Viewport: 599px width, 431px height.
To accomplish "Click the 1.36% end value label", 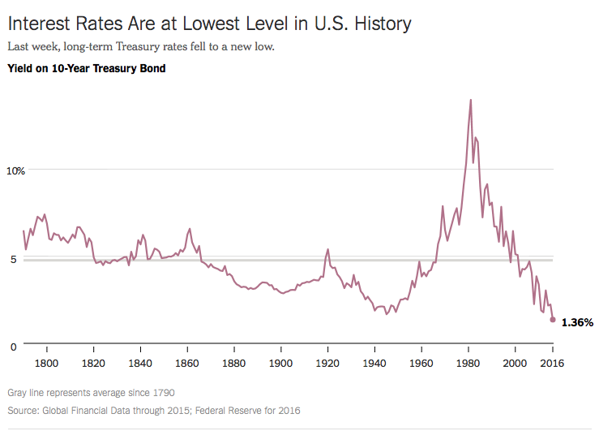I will point(577,322).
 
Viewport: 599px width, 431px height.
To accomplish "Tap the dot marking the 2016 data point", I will point(553,320).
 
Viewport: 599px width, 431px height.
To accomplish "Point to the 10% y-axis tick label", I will point(17,170).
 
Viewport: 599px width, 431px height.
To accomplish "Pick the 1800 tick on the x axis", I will point(47,362).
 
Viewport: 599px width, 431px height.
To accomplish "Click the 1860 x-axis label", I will point(187,362).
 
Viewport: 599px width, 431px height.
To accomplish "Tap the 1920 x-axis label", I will point(327,362).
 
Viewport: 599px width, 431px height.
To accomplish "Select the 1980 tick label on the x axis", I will point(469,362).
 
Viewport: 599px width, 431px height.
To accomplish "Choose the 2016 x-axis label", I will point(553,362).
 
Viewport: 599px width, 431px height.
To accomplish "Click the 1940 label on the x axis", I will point(374,362).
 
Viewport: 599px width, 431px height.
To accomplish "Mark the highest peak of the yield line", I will point(471,100).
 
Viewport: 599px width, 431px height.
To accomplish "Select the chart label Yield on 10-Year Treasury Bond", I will point(86,69).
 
